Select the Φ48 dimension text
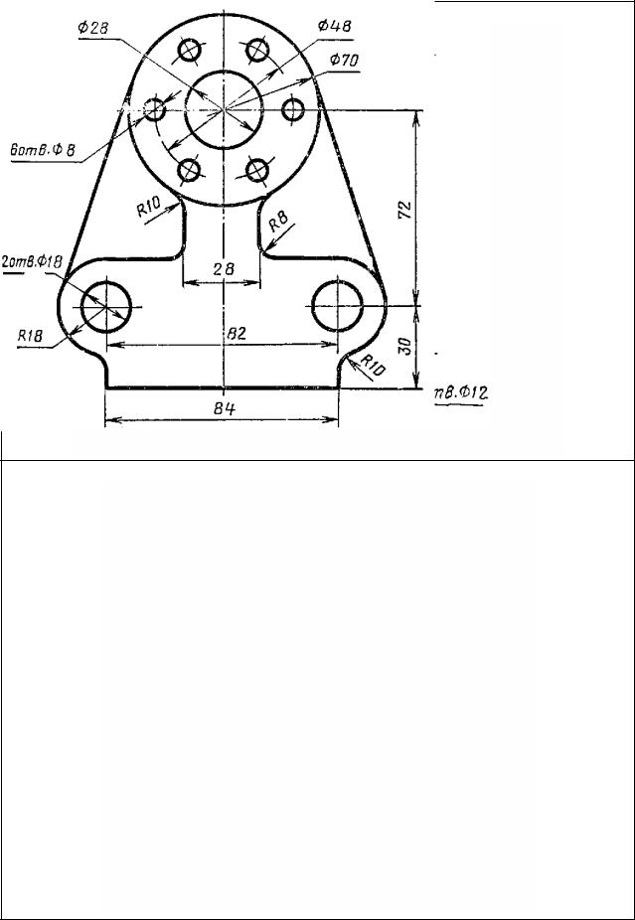(x=334, y=26)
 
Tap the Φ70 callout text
(x=344, y=60)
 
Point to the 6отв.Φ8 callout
(x=43, y=150)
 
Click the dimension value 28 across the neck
(x=224, y=268)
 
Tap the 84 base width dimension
(x=225, y=408)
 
